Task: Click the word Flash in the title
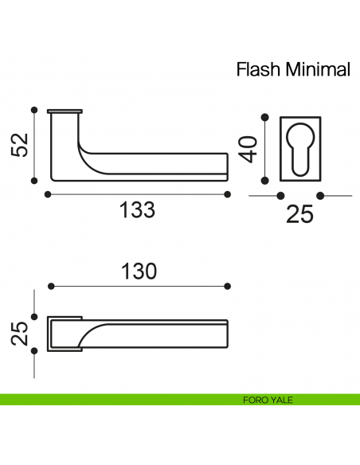coord(256,69)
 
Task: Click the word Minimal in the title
coord(314,69)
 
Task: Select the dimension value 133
coord(136,211)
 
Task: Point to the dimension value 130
coord(139,270)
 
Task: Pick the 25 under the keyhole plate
coord(299,215)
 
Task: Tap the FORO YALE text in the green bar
coord(268,400)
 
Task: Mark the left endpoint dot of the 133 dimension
coord(49,194)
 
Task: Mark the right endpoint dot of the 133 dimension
coord(228,194)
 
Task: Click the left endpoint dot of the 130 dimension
coord(50,286)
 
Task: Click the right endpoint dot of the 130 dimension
coord(228,286)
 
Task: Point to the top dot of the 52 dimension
coord(33,110)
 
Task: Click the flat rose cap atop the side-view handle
coord(65,111)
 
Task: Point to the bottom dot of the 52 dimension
coord(33,181)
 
